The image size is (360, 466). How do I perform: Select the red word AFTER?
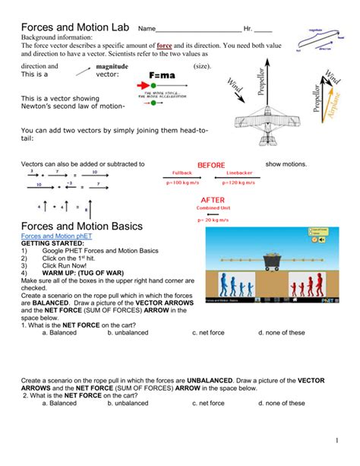click(x=212, y=200)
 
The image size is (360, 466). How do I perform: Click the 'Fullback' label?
click(x=182, y=173)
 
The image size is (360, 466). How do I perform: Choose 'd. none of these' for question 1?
click(x=281, y=332)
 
